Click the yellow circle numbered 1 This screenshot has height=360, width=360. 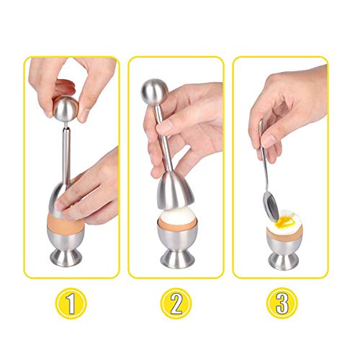pos(71,303)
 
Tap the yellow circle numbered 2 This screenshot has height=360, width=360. pos(176,303)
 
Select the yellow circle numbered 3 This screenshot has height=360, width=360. pos(282,303)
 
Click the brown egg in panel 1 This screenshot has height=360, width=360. pos(66,221)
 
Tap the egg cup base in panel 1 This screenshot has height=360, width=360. pos(66,257)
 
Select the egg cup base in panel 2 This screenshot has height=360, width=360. pos(177,258)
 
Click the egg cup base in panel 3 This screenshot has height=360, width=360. pos(284,260)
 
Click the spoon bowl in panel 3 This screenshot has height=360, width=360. pos(271,204)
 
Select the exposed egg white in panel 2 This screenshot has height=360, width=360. pos(177,215)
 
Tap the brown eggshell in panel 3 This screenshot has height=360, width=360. pos(284,232)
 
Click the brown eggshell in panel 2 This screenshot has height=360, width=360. pos(177,224)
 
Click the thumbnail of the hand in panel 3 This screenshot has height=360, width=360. pos(269,141)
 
